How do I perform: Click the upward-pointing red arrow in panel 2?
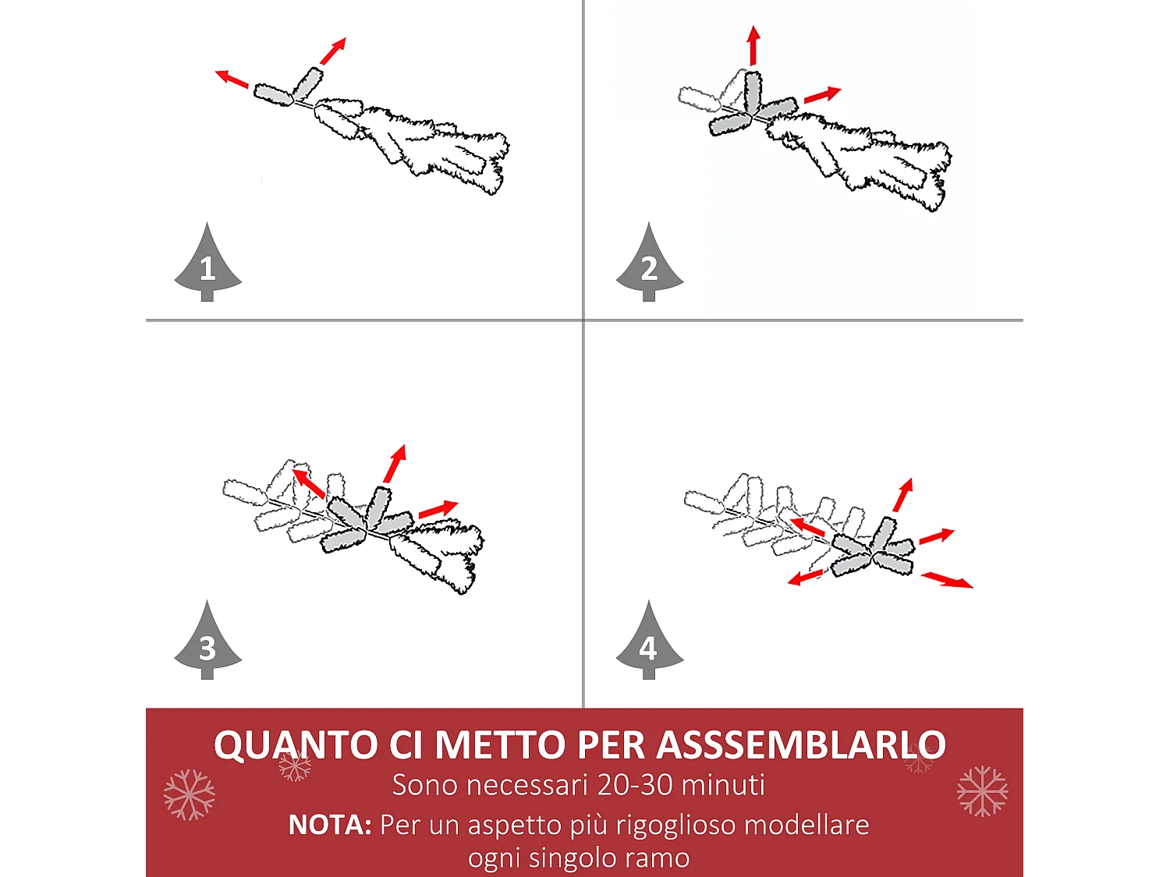[x=753, y=45]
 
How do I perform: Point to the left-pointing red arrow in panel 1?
[x=232, y=79]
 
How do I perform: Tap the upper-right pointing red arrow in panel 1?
[x=333, y=51]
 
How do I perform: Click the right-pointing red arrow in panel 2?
[x=822, y=95]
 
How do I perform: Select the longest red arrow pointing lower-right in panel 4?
[x=947, y=580]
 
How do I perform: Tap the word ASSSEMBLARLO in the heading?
[x=801, y=745]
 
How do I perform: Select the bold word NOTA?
[x=330, y=825]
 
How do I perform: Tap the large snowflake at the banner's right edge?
[x=982, y=791]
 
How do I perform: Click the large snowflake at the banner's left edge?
[x=189, y=794]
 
